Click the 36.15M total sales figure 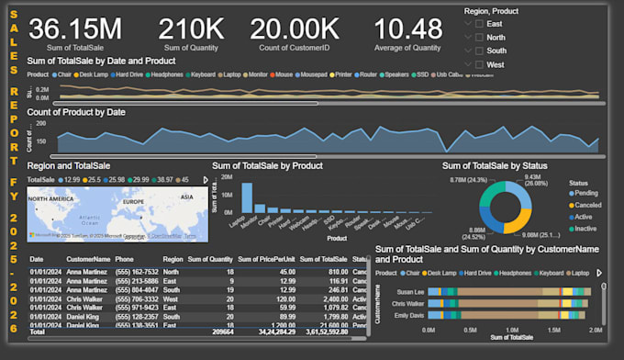pos(75,28)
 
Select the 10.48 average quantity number pos(407,28)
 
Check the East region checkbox pos(470,23)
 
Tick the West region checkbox pos(470,64)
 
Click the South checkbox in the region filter pos(470,51)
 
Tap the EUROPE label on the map pos(134,200)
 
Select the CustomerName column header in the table pos(87,260)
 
